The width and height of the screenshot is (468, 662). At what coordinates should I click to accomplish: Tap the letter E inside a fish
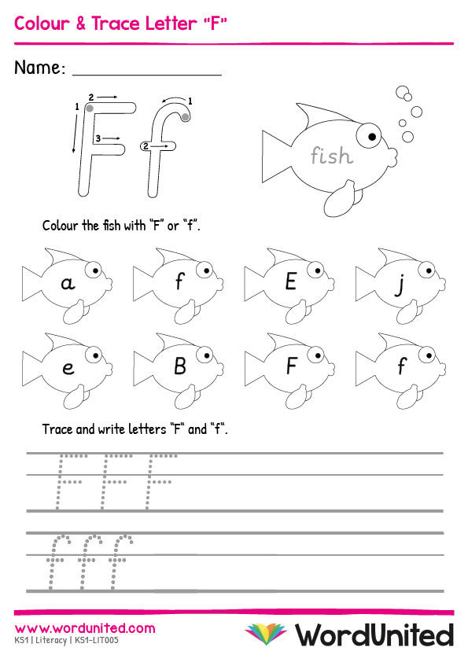point(290,281)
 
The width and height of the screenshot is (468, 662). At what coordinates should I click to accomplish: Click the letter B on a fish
point(180,366)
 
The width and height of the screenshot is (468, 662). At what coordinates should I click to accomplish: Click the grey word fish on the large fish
point(332,155)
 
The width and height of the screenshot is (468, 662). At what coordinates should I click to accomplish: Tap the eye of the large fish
point(369,135)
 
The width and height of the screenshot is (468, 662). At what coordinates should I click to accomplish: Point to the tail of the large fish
point(277,156)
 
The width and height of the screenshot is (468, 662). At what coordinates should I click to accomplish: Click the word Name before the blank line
point(39,68)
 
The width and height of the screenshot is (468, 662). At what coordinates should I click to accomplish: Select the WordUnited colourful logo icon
point(266,634)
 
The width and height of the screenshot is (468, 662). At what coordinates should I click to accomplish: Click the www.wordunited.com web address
point(85,628)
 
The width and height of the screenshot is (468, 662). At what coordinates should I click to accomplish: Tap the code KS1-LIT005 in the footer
point(97,641)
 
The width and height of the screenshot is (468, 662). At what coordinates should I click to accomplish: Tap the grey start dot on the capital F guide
point(90,108)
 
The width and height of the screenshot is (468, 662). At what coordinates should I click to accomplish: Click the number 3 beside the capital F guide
point(98,138)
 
